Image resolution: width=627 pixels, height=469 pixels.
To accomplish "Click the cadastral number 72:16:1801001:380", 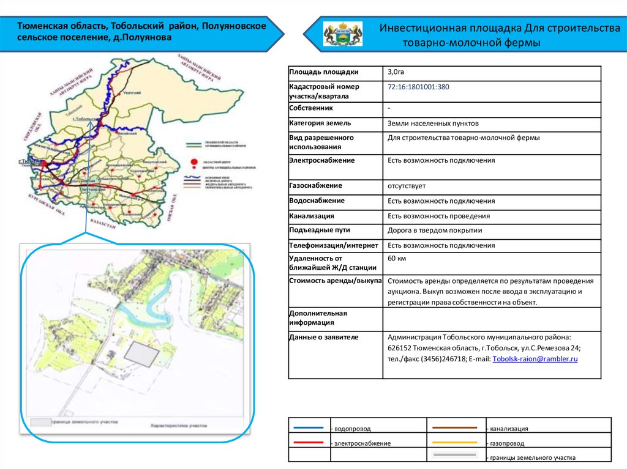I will click(x=418, y=87).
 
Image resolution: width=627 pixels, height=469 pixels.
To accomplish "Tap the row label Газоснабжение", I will click(x=315, y=185).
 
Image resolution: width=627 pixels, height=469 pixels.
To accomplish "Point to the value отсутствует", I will click(x=406, y=185).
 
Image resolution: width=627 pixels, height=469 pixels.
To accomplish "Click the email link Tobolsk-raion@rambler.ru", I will click(x=535, y=359).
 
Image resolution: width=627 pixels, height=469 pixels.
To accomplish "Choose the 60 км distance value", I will click(x=397, y=259).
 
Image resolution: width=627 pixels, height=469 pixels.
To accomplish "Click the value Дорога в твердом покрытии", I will click(x=435, y=231).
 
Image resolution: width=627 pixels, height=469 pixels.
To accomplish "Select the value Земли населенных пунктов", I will click(x=429, y=124).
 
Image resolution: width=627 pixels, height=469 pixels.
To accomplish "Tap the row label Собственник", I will click(x=311, y=109).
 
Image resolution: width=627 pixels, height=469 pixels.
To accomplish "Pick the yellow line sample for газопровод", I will click(x=454, y=441).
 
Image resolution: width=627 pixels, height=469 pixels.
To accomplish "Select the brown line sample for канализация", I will click(x=454, y=428).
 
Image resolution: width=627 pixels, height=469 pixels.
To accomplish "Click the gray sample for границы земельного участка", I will click(x=454, y=456).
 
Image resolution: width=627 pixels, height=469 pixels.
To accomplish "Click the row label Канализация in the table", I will click(x=312, y=216).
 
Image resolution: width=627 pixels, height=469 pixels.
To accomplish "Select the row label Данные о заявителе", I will click(x=323, y=337).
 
